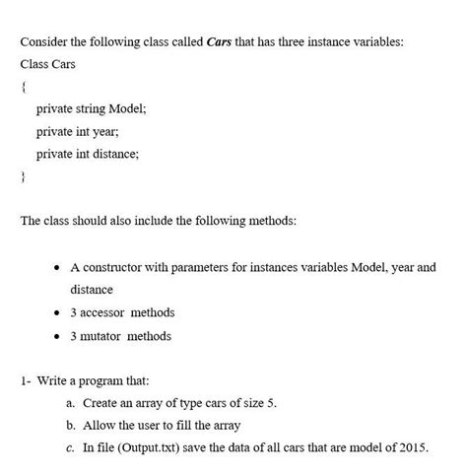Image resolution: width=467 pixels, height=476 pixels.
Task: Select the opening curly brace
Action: click(23, 88)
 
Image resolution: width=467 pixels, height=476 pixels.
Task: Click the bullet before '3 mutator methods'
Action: click(58, 336)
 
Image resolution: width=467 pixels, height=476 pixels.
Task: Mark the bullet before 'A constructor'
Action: click(58, 267)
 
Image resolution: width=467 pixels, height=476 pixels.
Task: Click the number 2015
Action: click(413, 447)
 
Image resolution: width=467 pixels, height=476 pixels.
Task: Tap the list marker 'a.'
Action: click(71, 403)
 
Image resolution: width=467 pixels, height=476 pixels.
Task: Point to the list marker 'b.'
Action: click(71, 426)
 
